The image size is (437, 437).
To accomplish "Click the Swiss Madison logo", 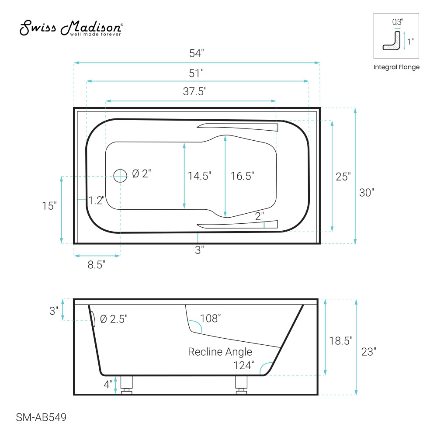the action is point(71,28).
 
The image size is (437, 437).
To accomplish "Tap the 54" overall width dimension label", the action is point(197,53).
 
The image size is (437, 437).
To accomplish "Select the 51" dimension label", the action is point(196,73).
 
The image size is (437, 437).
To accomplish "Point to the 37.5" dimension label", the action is point(195,91).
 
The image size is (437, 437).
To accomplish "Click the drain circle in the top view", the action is point(121,176).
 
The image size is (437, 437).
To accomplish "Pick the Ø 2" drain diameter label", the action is point(142,173).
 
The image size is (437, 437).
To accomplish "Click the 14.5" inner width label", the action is point(199,176).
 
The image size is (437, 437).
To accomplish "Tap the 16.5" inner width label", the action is point(242,176).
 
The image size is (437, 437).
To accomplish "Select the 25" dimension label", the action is point(343,177).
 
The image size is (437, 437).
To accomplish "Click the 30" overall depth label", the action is point(367,193).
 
